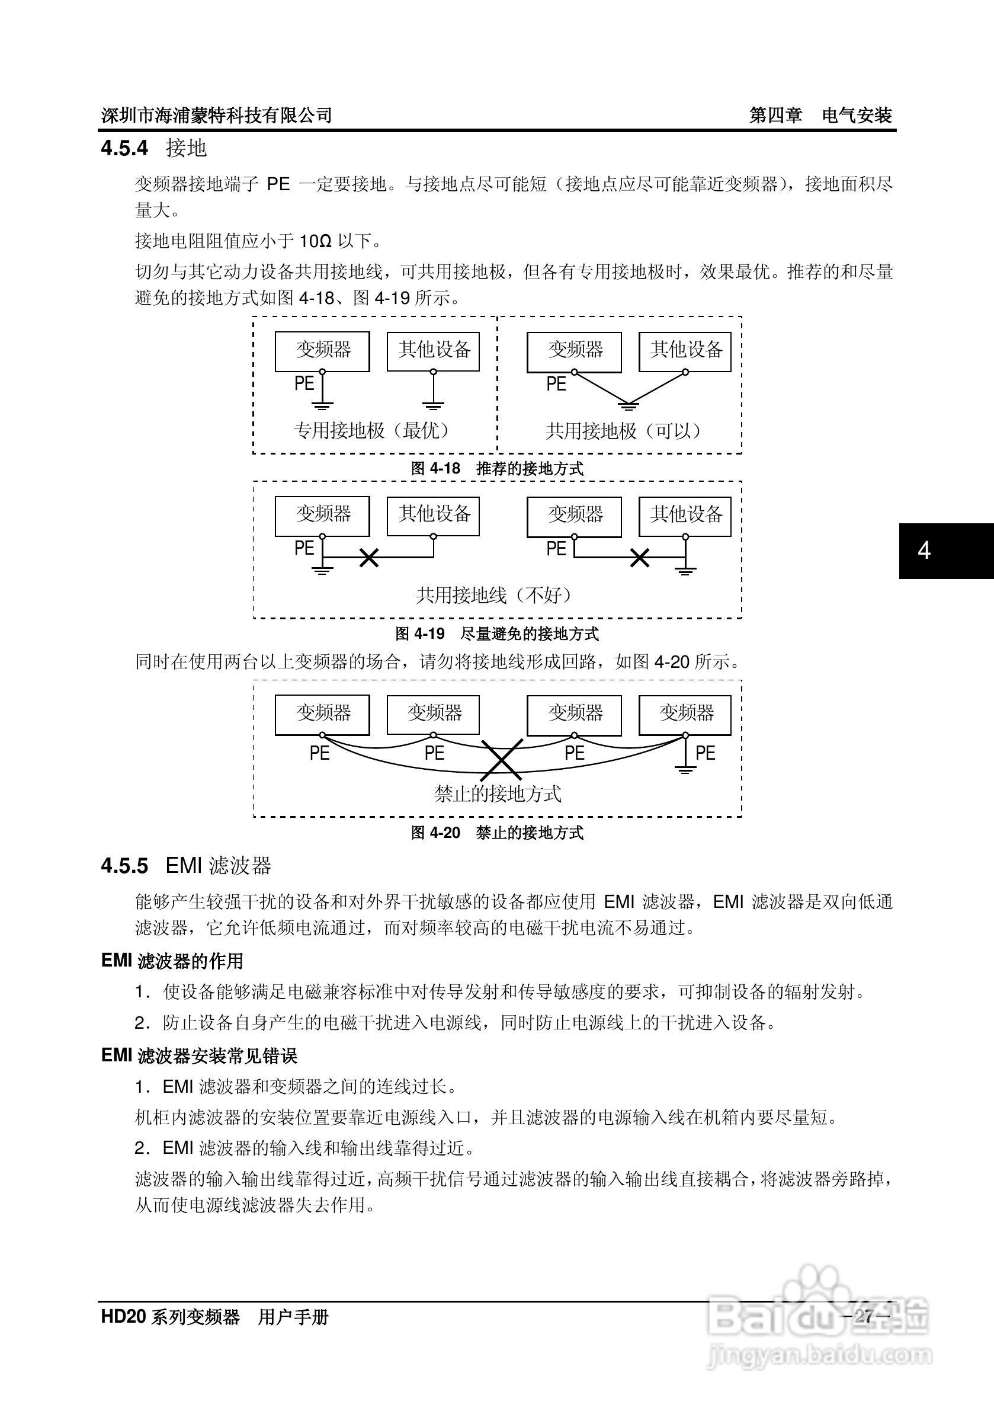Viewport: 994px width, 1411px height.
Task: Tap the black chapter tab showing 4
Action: [946, 551]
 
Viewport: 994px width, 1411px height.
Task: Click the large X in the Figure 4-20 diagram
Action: [502, 760]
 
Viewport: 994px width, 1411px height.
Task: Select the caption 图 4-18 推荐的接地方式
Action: [497, 468]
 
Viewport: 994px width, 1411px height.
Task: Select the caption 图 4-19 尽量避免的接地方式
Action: [497, 633]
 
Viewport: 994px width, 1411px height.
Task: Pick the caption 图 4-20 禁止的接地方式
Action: [497, 833]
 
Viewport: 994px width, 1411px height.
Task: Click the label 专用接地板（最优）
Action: [373, 430]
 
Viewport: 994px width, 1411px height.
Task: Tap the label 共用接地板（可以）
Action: [623, 431]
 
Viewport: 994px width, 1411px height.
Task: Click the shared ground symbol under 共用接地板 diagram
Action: [628, 405]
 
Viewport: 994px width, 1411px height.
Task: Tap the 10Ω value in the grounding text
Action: [315, 241]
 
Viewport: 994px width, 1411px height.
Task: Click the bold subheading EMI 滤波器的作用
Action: [172, 961]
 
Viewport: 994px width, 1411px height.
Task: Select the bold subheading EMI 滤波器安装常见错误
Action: [199, 1056]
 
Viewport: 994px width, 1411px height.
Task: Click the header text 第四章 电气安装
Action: [820, 115]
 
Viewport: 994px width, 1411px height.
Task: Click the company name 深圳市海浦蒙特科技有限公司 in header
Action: [216, 115]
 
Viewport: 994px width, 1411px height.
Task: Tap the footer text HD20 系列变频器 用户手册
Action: [215, 1317]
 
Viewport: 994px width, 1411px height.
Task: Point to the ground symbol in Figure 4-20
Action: [685, 768]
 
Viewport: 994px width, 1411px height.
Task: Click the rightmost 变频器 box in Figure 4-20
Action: [685, 714]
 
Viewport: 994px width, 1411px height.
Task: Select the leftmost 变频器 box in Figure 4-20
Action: [322, 714]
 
